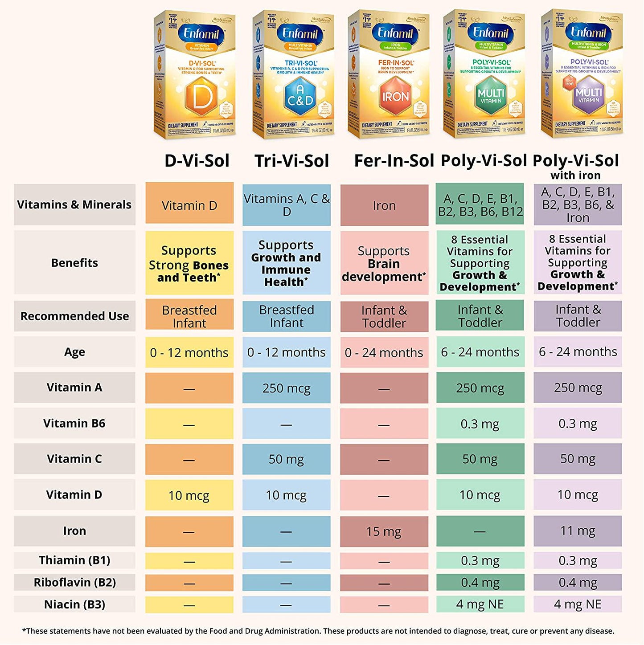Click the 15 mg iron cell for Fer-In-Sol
tap(384, 531)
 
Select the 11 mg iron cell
tap(578, 531)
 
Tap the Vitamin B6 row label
tap(74, 423)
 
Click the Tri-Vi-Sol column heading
tap(291, 161)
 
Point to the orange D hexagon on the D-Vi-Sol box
tap(201, 97)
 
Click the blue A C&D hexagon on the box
tap(300, 96)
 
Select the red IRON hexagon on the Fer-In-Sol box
tap(395, 96)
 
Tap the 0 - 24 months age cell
tap(384, 352)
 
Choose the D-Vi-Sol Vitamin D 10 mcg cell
tap(189, 495)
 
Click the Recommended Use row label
tap(74, 316)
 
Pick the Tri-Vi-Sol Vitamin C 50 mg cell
tap(286, 459)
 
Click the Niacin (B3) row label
tap(74, 604)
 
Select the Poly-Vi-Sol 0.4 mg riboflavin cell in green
tap(480, 582)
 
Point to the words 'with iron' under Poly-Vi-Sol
tap(575, 175)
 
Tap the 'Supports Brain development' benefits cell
tap(384, 263)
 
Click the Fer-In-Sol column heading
tap(394, 161)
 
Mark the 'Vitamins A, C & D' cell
tap(286, 205)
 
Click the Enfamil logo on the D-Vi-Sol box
tap(201, 34)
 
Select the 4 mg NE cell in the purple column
tap(578, 604)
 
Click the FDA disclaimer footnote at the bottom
tap(318, 631)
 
